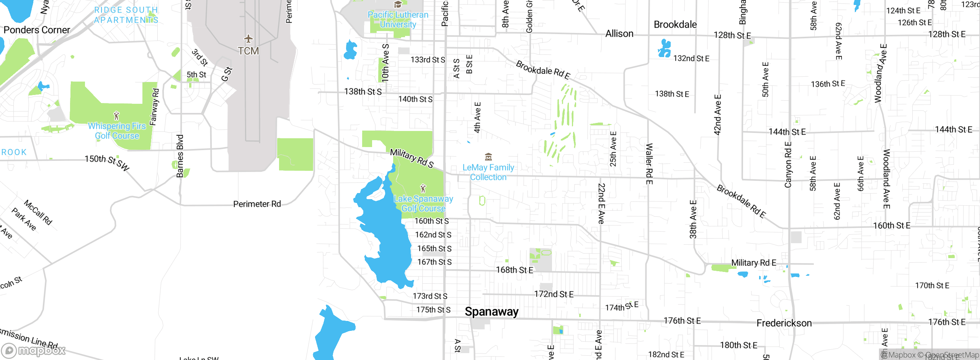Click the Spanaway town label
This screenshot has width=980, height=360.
492,312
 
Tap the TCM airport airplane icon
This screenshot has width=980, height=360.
248,39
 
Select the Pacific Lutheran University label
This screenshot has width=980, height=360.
398,20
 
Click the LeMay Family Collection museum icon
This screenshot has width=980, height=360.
488,157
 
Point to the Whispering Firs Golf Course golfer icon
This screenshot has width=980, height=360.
117,115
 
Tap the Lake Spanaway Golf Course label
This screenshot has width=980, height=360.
423,203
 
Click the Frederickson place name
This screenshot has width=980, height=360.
784,323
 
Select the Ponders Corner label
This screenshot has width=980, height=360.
37,30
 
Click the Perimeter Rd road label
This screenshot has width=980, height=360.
257,204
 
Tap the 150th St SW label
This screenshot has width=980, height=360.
107,162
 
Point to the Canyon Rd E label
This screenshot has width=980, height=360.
788,165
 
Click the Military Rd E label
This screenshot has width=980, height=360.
753,263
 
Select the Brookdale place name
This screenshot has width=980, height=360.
675,25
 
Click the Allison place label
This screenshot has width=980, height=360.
619,34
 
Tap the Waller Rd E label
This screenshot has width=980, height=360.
649,164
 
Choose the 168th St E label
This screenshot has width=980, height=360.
514,270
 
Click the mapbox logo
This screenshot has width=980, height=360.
34,350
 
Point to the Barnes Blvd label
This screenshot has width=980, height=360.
180,156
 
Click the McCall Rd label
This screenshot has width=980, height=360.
38,212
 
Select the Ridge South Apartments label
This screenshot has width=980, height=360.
126,15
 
